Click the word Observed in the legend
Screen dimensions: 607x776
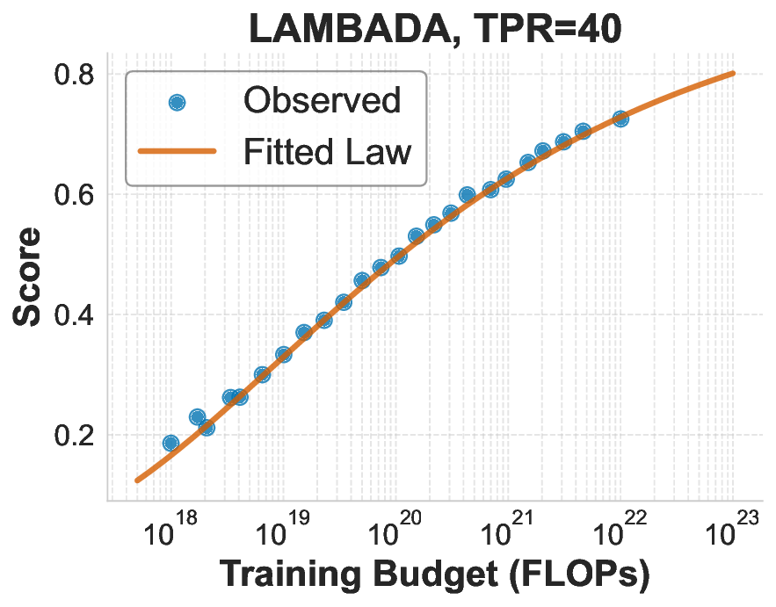322,101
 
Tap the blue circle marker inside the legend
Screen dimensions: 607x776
177,102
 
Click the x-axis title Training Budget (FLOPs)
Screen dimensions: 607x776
434,575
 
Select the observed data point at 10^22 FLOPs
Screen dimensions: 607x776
620,119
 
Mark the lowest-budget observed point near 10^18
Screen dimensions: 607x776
170,443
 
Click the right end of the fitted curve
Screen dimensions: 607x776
733,74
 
